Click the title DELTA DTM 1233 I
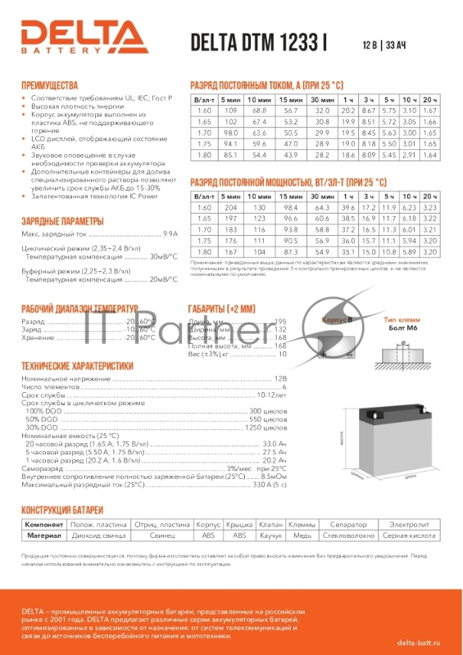258,43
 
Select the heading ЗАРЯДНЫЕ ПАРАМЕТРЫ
62,222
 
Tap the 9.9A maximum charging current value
170,233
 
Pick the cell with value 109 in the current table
230,110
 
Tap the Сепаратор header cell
342,522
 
